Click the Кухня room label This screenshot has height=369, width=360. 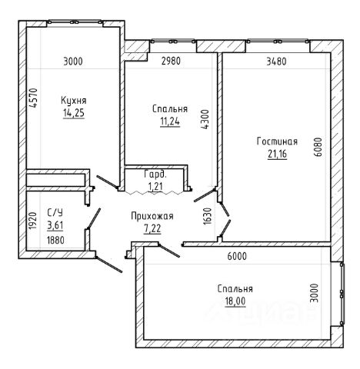[74, 101]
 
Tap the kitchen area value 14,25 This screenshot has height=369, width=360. [74, 113]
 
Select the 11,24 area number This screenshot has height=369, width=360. [170, 121]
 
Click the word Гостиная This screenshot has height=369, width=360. [277, 141]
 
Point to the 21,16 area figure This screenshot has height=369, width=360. [278, 154]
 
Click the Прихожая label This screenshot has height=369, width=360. [152, 216]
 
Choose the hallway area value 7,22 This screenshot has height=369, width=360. [152, 228]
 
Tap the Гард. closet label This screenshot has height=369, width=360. [155, 175]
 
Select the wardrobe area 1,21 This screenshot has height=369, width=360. [155, 186]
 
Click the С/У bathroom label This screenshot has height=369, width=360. [55, 212]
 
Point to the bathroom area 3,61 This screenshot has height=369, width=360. [55, 225]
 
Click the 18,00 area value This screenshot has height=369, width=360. [235, 301]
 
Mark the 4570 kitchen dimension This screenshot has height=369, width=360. [34, 98]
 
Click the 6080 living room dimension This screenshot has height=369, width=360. [318, 147]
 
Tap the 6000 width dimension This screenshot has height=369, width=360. [237, 256]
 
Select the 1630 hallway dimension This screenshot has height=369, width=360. [208, 216]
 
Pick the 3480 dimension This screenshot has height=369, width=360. [277, 61]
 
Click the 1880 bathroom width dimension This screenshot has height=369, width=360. [55, 241]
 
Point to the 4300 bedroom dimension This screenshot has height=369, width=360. [205, 119]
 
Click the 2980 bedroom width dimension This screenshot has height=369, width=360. [172, 61]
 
